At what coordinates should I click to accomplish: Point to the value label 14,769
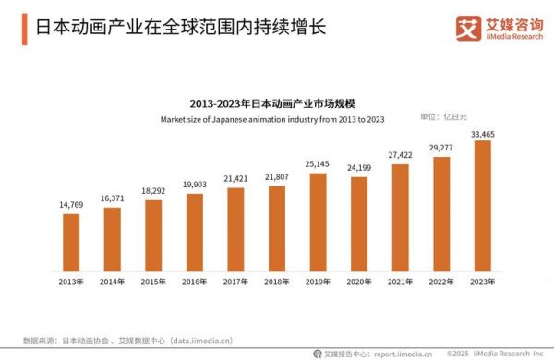coord(70,206)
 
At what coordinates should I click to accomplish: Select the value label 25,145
coord(317,165)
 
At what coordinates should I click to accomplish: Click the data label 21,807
coord(276,177)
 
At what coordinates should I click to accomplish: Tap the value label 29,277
coord(440,148)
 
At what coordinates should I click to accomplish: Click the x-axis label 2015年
coord(152,281)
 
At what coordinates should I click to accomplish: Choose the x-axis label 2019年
coord(317,281)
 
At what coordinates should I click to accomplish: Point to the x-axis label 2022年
coord(440,281)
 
